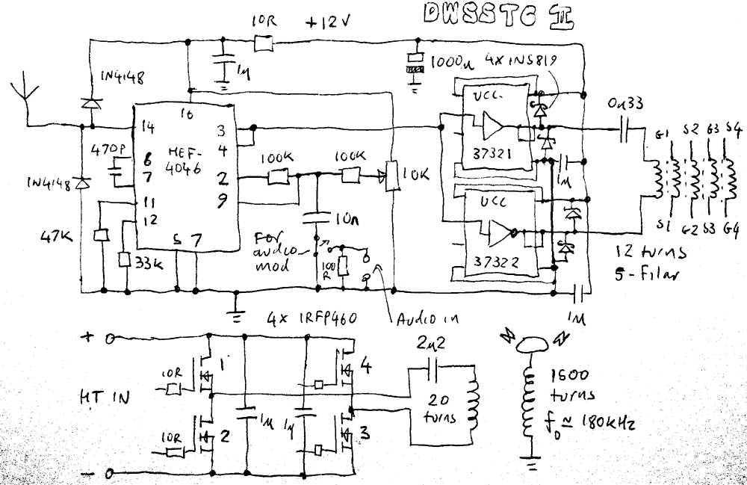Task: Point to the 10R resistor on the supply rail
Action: [x=263, y=44]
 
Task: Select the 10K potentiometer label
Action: [x=415, y=176]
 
